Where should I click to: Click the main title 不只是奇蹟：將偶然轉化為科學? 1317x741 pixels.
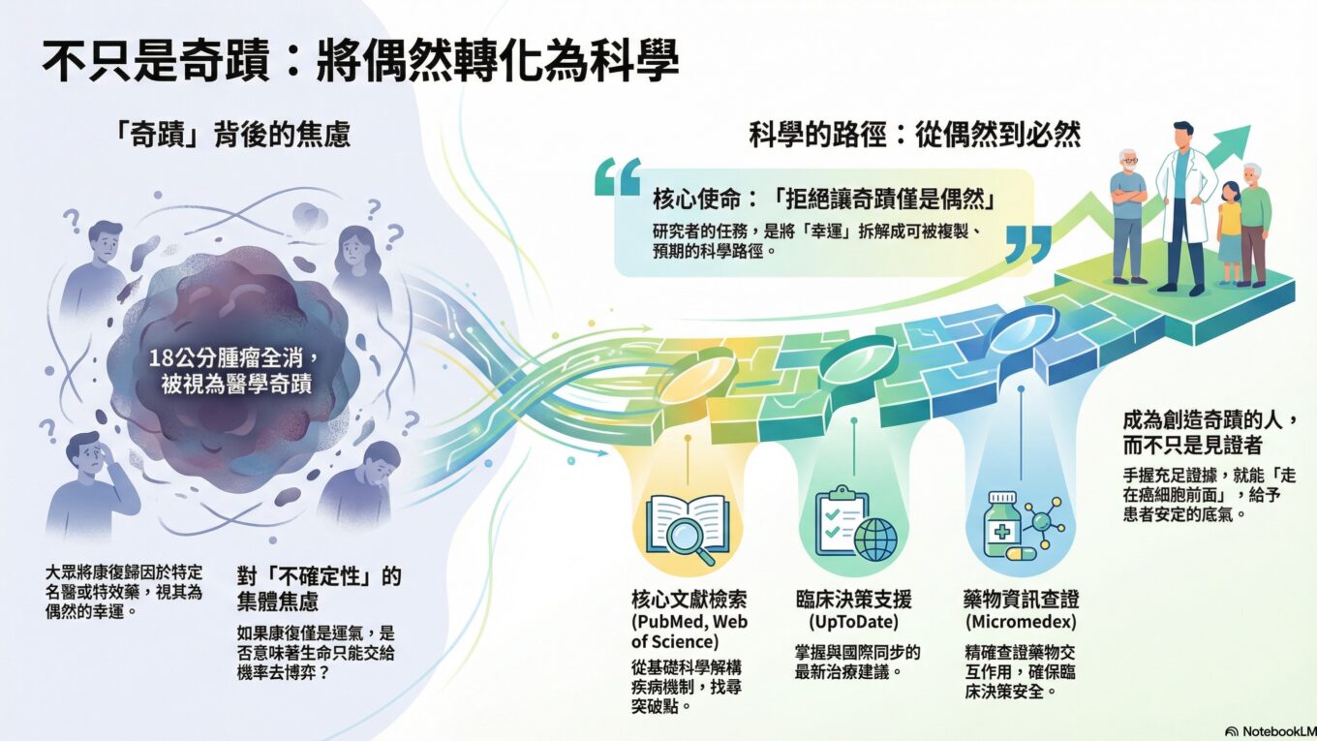click(361, 61)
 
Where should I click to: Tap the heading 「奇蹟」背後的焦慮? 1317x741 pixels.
click(231, 135)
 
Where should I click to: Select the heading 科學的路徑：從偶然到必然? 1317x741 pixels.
click(915, 135)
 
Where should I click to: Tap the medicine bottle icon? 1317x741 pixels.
click(1002, 525)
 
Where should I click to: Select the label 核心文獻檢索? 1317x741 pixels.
click(689, 600)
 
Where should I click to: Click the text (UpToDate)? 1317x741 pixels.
click(854, 622)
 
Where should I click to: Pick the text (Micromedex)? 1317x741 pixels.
click(1021, 622)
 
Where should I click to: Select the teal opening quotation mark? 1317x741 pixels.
click(618, 176)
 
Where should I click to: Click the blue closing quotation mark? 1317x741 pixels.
click(1028, 243)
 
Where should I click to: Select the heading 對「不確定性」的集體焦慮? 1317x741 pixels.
click(319, 588)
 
